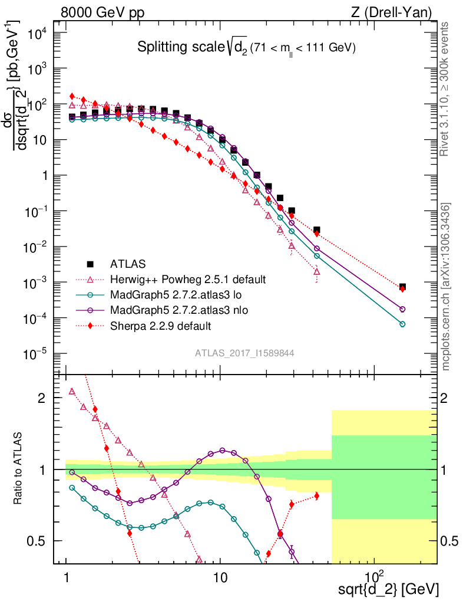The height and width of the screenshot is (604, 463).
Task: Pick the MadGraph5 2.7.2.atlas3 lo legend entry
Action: coord(171,294)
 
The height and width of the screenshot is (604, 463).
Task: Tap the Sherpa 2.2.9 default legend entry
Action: coord(161,325)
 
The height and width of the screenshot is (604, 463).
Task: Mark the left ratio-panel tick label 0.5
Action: coord(39,541)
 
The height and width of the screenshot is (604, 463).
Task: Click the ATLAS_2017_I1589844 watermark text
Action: coord(244,353)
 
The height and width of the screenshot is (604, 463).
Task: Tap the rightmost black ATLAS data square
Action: coord(402,287)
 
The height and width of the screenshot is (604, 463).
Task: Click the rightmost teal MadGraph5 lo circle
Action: coord(402,324)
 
